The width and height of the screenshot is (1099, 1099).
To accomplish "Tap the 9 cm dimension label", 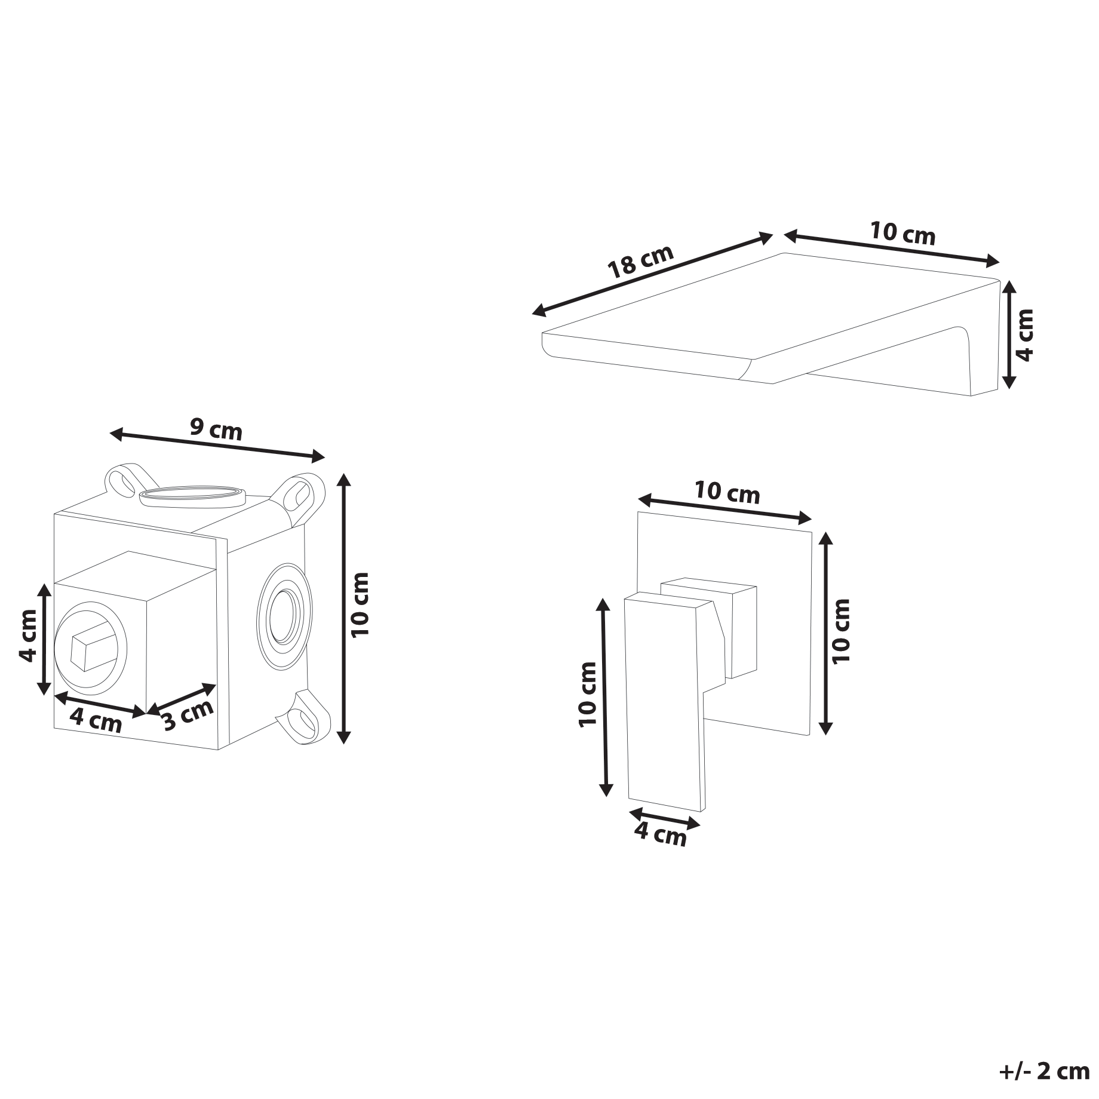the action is [x=216, y=429].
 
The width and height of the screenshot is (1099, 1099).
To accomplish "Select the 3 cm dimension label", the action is [x=188, y=714].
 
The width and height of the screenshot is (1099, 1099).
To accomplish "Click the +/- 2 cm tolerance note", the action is [x=1044, y=1072].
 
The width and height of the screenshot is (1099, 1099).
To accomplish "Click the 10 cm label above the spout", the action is [x=902, y=233].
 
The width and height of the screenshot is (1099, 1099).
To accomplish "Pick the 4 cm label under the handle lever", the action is [x=660, y=834].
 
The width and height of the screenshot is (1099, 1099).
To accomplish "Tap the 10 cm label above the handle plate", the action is [x=727, y=493].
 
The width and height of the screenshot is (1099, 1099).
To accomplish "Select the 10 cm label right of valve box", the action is [x=360, y=604].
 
